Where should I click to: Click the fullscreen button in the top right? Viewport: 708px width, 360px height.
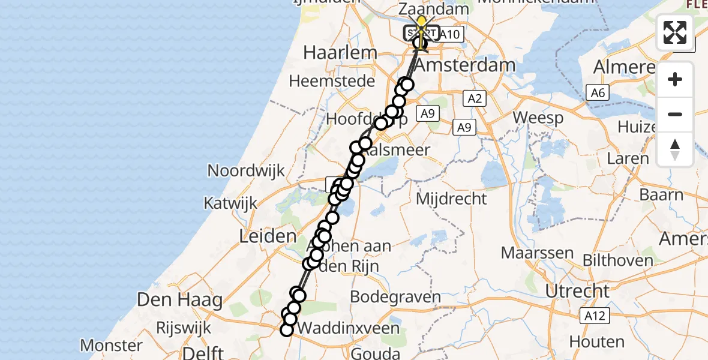pos(675,32)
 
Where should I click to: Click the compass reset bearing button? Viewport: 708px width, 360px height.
pos(675,149)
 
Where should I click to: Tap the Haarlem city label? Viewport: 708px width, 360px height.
pos(340,52)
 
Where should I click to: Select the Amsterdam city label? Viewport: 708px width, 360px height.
pos(466,65)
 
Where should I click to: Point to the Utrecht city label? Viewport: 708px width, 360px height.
pos(577,291)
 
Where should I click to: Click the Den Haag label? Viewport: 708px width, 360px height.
pos(180,299)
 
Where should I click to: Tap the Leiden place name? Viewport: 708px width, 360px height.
pos(268,236)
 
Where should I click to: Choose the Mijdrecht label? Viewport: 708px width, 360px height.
pos(451,198)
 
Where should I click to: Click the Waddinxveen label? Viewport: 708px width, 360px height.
pos(349,328)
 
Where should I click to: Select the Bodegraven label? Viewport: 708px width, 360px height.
pos(395,296)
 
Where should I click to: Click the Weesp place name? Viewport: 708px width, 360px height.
pos(538,117)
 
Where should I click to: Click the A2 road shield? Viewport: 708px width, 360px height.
pos(474,98)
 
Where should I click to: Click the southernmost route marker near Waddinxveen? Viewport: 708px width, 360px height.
pos(287,329)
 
